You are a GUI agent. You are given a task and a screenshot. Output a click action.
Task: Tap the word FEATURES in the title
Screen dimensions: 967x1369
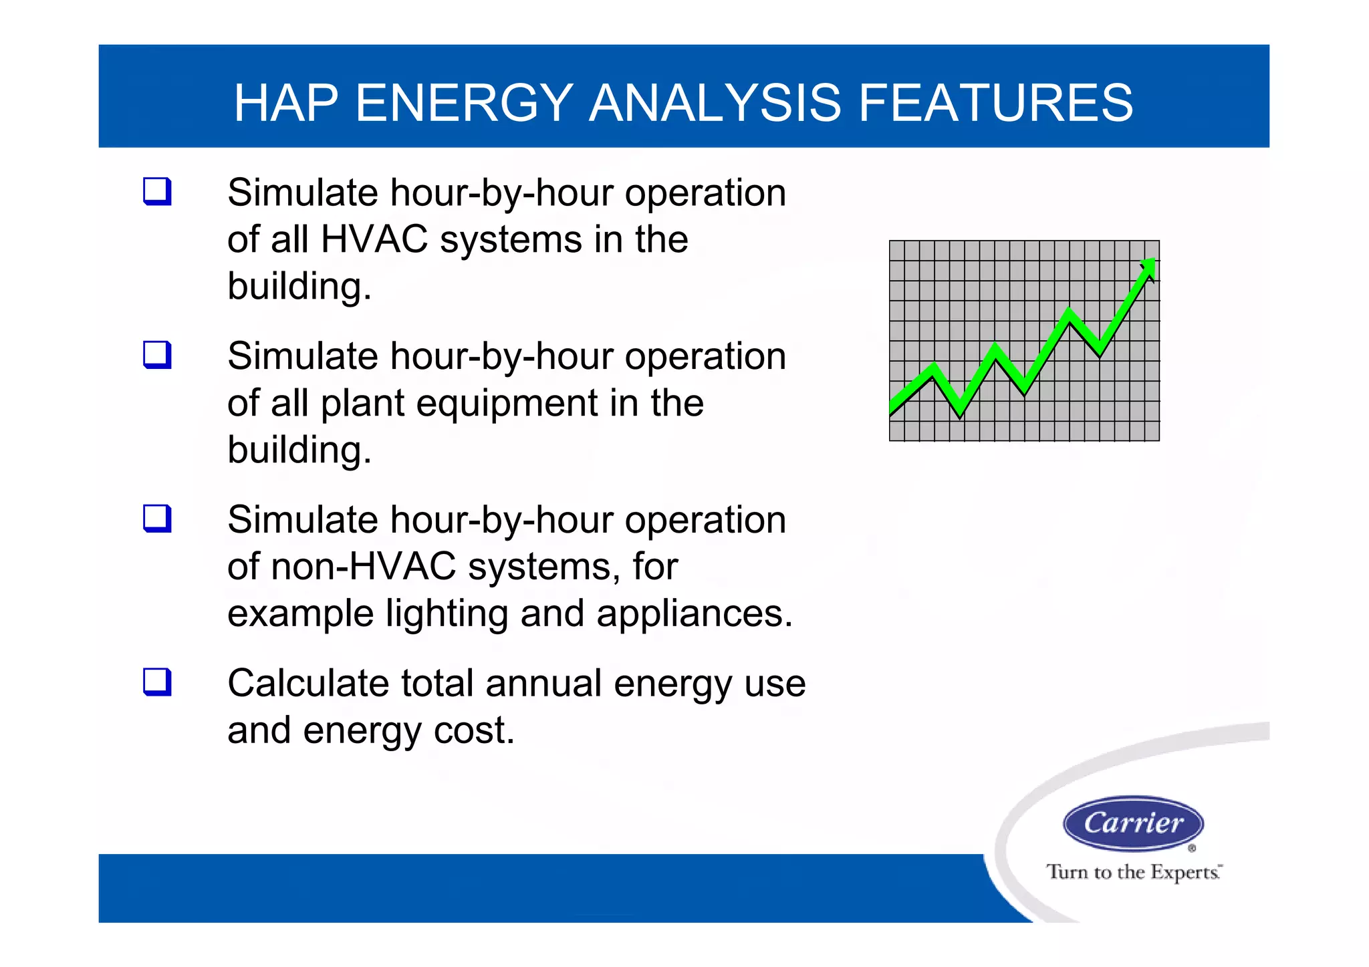click(995, 103)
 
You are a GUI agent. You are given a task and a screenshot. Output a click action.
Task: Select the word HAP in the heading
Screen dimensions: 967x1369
click(286, 103)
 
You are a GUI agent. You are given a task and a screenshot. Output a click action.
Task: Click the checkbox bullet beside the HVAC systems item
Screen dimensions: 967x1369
click(158, 192)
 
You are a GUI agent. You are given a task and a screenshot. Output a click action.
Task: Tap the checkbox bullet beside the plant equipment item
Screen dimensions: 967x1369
click(158, 355)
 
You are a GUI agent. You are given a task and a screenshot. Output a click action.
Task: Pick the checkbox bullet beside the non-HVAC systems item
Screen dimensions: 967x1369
click(158, 519)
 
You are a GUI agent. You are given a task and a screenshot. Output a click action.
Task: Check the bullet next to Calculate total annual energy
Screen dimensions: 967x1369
click(158, 682)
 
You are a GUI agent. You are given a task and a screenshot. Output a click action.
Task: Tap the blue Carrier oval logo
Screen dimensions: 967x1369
click(1133, 823)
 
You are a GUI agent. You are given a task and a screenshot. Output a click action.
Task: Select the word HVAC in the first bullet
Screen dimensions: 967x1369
click(374, 239)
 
